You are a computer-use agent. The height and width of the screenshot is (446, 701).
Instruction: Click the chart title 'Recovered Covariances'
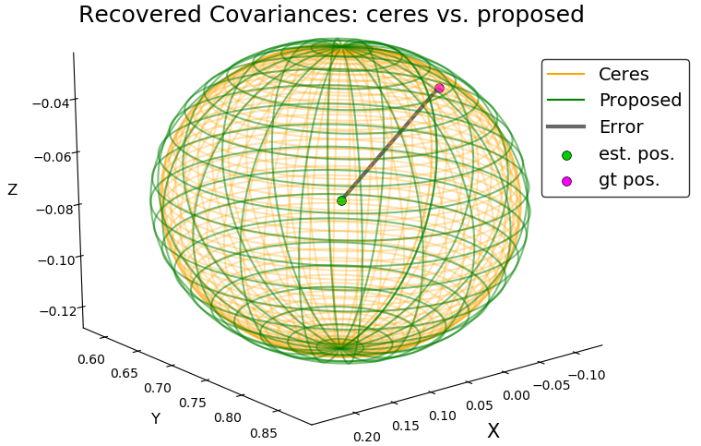331,15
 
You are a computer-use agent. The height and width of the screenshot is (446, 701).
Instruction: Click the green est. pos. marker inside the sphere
341,200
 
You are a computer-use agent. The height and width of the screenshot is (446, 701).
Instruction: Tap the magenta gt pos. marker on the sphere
439,89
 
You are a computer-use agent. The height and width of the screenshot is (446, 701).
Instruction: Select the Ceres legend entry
624,74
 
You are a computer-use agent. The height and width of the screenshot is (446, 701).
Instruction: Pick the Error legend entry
621,127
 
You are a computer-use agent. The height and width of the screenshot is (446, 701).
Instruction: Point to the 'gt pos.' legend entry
629,180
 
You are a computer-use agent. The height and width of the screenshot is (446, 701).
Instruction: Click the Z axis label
12,190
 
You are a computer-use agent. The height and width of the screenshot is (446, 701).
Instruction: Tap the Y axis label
156,419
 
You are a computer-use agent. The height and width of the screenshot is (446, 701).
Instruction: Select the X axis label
493,431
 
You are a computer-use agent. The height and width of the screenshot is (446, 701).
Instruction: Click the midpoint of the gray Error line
390,145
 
